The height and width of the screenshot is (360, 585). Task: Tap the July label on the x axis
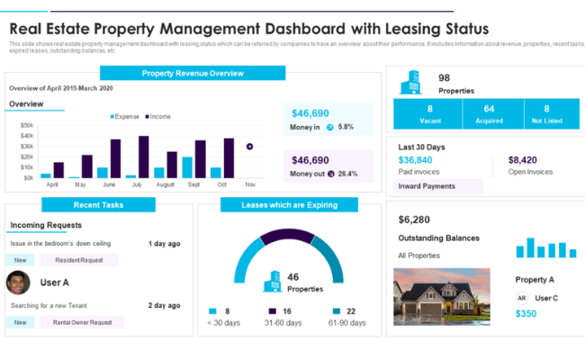[x=137, y=184]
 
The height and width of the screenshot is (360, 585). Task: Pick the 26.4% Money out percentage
[x=347, y=174]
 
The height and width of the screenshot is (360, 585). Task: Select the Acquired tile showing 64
[x=489, y=113]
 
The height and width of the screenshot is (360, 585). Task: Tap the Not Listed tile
[x=546, y=113]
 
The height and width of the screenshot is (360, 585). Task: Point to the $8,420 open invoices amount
[x=522, y=160]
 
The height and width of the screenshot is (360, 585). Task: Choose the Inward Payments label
[x=427, y=186]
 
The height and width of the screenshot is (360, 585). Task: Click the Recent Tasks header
[x=99, y=205]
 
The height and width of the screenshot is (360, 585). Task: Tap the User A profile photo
[x=18, y=283]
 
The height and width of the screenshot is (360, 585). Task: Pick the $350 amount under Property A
[x=526, y=314]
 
